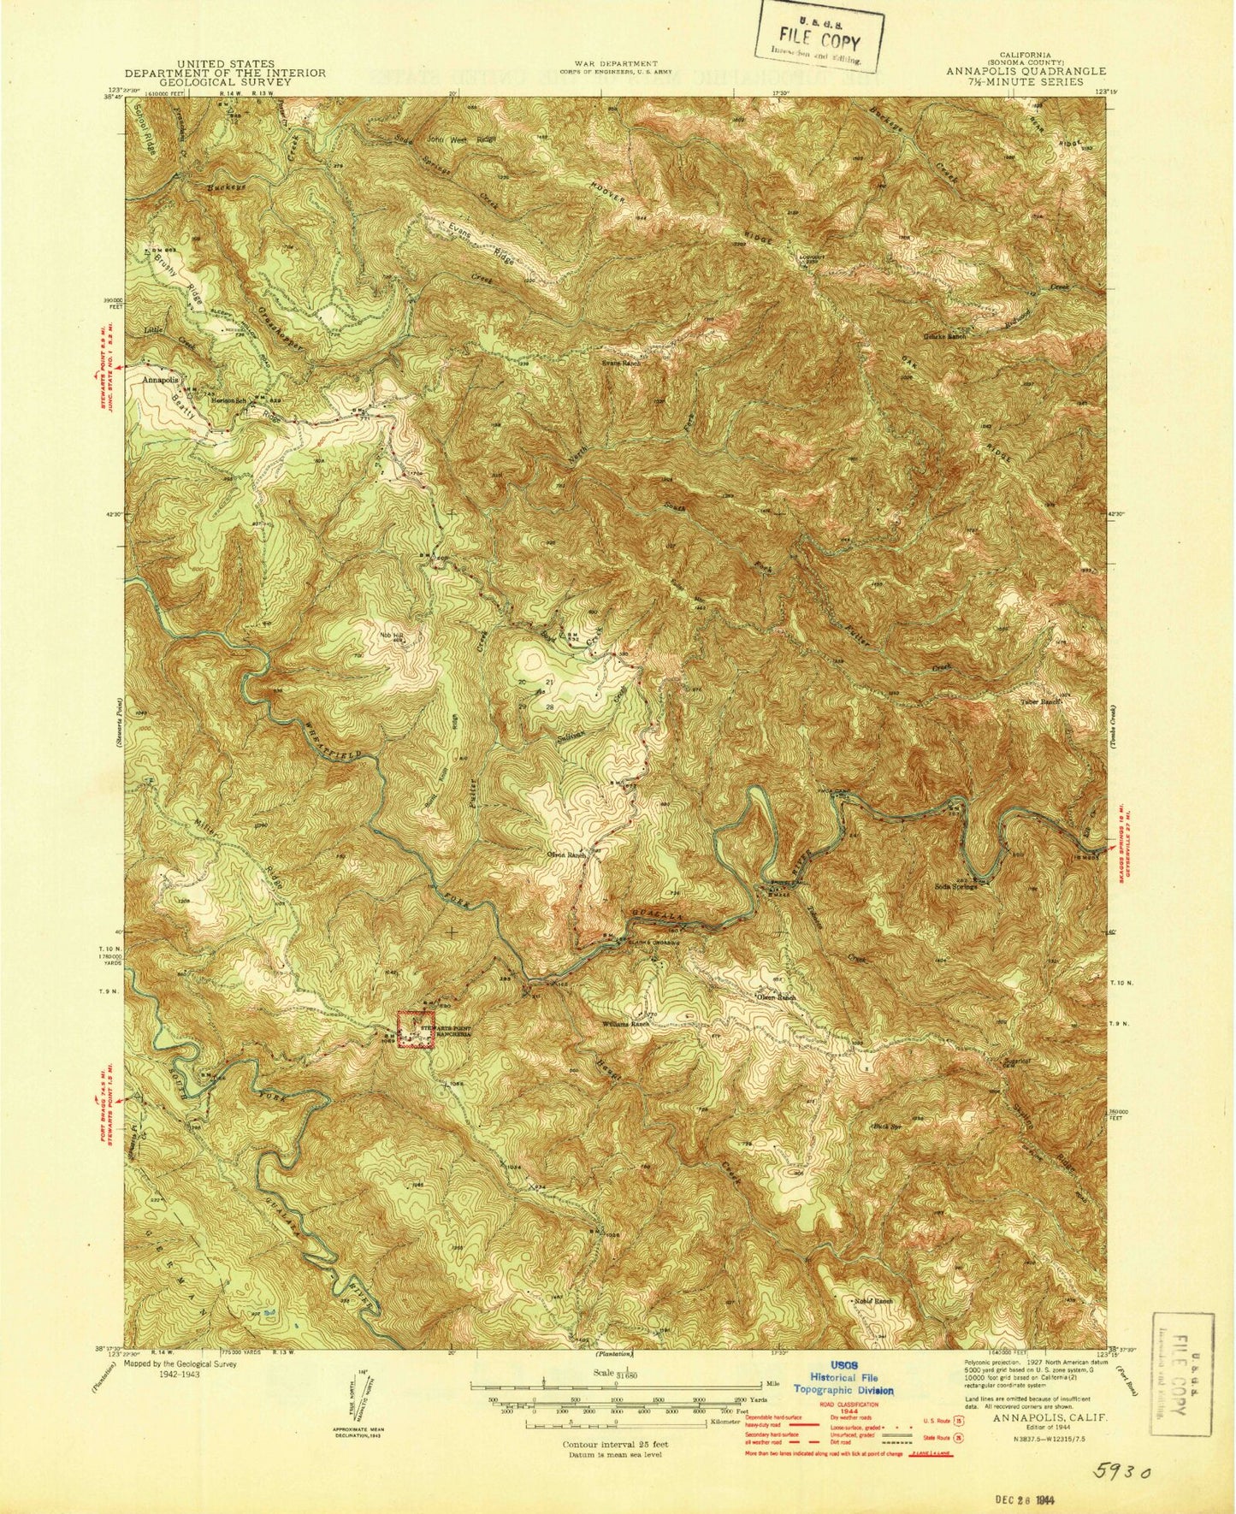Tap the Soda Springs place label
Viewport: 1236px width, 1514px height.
(955, 886)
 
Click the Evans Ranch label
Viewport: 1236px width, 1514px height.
(620, 363)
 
